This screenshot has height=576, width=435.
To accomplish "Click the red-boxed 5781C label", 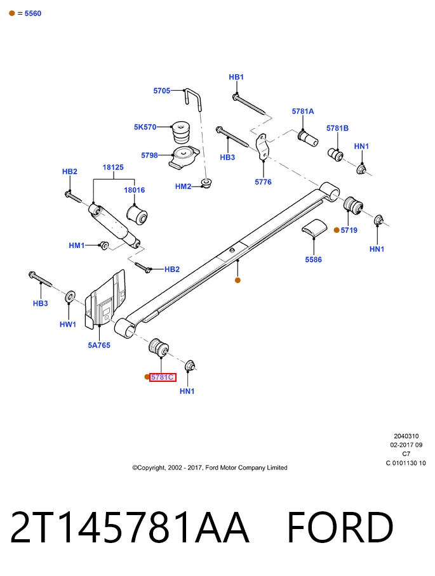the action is tap(163, 377).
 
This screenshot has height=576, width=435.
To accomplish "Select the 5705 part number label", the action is tap(162, 91).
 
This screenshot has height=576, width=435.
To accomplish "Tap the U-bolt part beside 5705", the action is tap(193, 99).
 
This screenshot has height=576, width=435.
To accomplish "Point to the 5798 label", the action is tap(149, 155).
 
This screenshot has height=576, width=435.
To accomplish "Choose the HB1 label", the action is tap(236, 77).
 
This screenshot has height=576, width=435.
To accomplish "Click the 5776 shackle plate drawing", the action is tap(263, 147).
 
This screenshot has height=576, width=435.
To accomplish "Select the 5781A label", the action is tap(303, 111).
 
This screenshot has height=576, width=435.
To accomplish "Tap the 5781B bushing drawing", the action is tap(335, 154).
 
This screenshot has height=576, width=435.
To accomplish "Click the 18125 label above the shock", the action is tap(113, 167).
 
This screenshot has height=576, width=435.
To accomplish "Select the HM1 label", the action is tap(76, 245).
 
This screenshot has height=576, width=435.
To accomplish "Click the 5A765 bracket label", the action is tap(99, 345).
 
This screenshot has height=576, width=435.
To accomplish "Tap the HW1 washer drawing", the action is tap(70, 296).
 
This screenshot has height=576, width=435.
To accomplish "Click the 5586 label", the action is tap(313, 259).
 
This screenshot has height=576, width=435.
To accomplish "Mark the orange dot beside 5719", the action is tap(337, 230).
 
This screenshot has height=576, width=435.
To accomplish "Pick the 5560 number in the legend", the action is tap(33, 13).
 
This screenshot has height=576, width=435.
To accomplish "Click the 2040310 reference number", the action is tap(406, 436).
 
